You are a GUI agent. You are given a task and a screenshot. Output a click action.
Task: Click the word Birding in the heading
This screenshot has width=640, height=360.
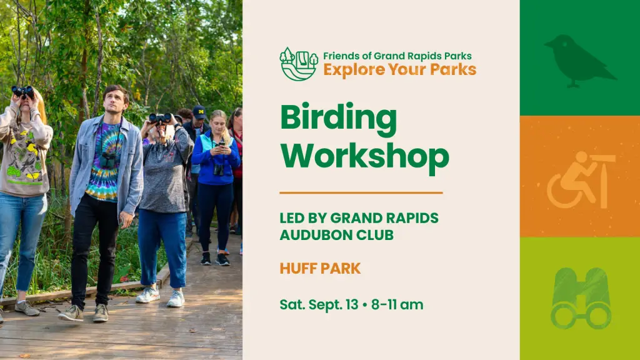[338, 120]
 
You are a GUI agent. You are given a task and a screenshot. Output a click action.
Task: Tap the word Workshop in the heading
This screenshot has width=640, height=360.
[364, 155]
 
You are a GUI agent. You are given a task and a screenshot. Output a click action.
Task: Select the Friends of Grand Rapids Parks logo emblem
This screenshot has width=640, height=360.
[299, 64]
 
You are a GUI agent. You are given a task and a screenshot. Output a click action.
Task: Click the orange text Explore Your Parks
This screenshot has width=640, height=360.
[399, 69]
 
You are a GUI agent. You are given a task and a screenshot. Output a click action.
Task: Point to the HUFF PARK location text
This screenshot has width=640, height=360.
[321, 269]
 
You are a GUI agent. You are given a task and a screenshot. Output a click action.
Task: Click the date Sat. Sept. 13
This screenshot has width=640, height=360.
[319, 304]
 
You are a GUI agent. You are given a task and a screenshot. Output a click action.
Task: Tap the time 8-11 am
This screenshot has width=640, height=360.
[397, 304]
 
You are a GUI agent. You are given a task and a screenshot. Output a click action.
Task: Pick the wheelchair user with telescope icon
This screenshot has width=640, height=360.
[581, 180]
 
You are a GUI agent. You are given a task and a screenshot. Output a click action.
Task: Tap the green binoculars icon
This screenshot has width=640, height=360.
[581, 298]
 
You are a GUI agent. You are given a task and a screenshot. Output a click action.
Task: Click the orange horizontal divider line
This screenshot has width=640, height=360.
[361, 192]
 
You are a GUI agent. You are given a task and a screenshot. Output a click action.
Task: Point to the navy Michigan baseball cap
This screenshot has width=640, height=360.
[199, 112]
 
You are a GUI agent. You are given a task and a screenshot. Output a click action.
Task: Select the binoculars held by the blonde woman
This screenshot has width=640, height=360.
[23, 91]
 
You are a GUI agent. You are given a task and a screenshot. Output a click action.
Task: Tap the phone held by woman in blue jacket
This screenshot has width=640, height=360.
[222, 144]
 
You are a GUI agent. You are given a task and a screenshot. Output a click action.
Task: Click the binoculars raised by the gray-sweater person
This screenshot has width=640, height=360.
[161, 118]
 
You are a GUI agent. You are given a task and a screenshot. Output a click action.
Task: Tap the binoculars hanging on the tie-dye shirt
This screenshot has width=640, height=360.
[108, 159]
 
